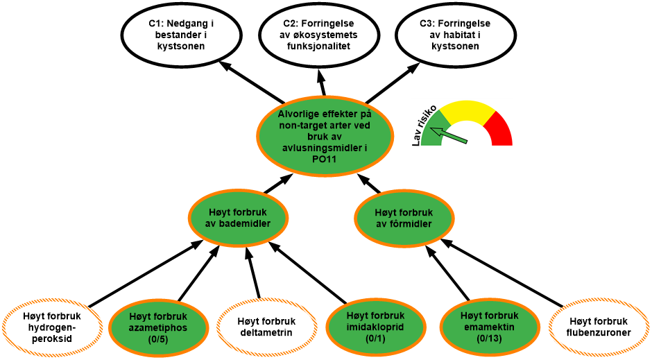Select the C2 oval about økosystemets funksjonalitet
[x=320, y=35]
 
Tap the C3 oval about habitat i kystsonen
[x=455, y=35]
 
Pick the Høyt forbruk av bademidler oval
[x=238, y=218]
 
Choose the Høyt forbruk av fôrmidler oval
[x=404, y=218]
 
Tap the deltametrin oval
[x=266, y=327]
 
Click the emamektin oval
[x=489, y=327]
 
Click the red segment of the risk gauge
[x=500, y=129]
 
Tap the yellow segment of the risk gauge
[x=469, y=111]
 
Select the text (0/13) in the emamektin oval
[x=489, y=338]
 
